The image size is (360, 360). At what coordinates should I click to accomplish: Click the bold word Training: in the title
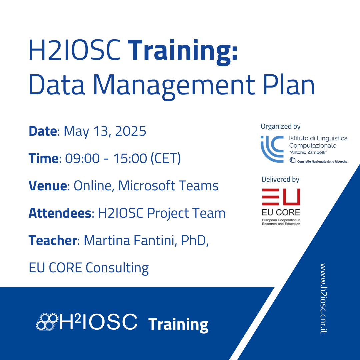[183, 52]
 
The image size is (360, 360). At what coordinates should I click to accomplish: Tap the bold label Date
[43, 131]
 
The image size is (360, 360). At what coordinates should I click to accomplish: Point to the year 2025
[130, 131]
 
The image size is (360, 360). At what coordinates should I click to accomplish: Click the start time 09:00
[82, 158]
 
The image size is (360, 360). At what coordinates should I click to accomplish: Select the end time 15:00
[130, 158]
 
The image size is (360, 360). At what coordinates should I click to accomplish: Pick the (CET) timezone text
[166, 158]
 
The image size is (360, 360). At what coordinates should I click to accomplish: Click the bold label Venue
[48, 186]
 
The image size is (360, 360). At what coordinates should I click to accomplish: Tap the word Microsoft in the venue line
[146, 186]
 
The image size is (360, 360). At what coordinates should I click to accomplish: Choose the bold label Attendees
[60, 213]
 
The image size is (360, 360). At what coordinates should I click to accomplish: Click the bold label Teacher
[53, 240]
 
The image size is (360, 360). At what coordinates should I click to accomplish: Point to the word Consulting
[117, 268]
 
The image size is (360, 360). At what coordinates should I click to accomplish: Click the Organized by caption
[281, 126]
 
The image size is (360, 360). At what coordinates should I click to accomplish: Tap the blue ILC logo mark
[272, 149]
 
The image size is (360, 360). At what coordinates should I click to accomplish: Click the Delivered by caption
[280, 179]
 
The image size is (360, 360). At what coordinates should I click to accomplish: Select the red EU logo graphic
[281, 197]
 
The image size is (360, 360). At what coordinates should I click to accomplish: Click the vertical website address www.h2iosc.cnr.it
[323, 298]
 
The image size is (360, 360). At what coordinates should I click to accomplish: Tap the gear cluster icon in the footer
[47, 322]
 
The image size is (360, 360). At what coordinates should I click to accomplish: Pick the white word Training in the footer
[178, 325]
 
